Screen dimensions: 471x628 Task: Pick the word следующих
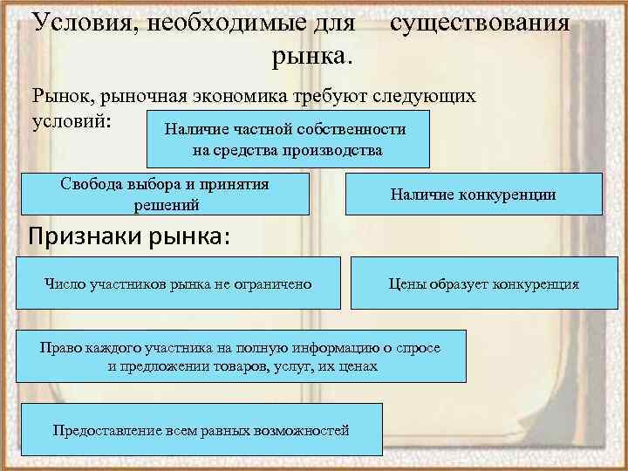point(428,95)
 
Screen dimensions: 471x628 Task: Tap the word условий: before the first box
point(71,119)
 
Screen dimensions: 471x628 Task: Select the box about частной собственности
point(288,139)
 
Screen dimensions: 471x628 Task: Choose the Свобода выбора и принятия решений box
point(165,194)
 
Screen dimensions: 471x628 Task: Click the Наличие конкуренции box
point(474,195)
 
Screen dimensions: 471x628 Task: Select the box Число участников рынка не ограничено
point(178,283)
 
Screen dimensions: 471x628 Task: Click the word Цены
point(406,283)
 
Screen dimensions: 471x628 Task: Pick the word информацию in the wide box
point(321,347)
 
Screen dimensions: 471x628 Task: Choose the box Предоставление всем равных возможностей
point(201,429)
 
